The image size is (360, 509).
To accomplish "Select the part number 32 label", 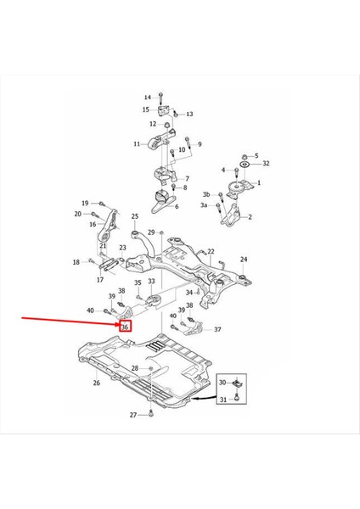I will [x=266, y=163].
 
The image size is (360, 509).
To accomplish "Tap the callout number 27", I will [x=133, y=415].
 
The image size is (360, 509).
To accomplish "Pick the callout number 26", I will [x=96, y=383].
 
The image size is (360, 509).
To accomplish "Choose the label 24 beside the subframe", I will [x=244, y=259].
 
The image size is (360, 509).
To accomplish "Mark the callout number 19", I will [x=85, y=202].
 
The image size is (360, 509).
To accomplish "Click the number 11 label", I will [x=137, y=144].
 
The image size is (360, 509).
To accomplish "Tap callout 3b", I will [x=205, y=195].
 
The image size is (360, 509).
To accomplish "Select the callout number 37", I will [x=217, y=330].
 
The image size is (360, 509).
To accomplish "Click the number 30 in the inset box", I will [x=222, y=383].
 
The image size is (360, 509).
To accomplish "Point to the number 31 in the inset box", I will [x=222, y=400].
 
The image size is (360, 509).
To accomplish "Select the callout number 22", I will [x=211, y=251].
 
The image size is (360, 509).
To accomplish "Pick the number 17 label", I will [x=99, y=279].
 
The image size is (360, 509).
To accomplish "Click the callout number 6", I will [x=176, y=206].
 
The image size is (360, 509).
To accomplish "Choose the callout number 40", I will [x=91, y=311].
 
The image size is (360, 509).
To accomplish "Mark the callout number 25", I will [x=134, y=217].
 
